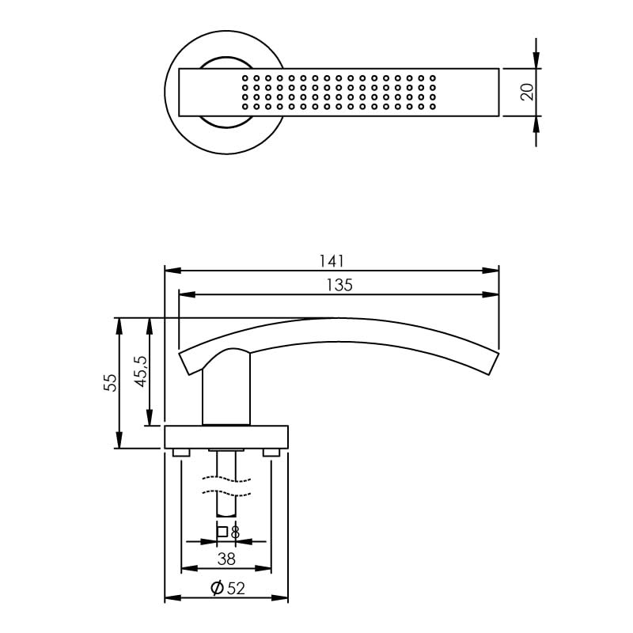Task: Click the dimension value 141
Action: [x=332, y=260]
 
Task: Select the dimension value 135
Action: [x=339, y=285]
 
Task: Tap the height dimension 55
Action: [x=111, y=383]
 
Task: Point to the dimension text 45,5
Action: [x=140, y=370]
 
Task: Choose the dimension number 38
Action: [x=226, y=559]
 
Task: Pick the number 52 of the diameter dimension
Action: [x=235, y=588]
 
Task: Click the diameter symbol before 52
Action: [x=215, y=588]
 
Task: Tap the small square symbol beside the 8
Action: [x=222, y=532]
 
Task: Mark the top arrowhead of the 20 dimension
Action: [x=536, y=63]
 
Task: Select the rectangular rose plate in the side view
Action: [x=226, y=437]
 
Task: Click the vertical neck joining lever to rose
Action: [x=226, y=392]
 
